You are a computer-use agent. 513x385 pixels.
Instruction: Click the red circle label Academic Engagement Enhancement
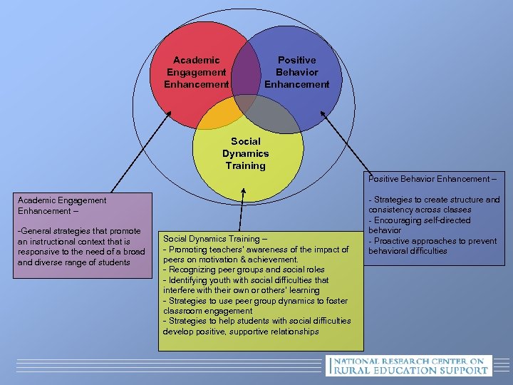pyautogui.click(x=196, y=72)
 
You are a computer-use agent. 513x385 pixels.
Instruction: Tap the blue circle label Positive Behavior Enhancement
pyautogui.click(x=297, y=72)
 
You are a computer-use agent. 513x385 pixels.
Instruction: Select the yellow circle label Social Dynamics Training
pyautogui.click(x=245, y=153)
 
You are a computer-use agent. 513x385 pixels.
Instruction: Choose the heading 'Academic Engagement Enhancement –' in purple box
pyautogui.click(x=62, y=205)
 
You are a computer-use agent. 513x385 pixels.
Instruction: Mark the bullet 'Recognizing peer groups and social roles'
pyautogui.click(x=244, y=269)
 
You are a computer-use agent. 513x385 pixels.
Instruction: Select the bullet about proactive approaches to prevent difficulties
pyautogui.click(x=432, y=246)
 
